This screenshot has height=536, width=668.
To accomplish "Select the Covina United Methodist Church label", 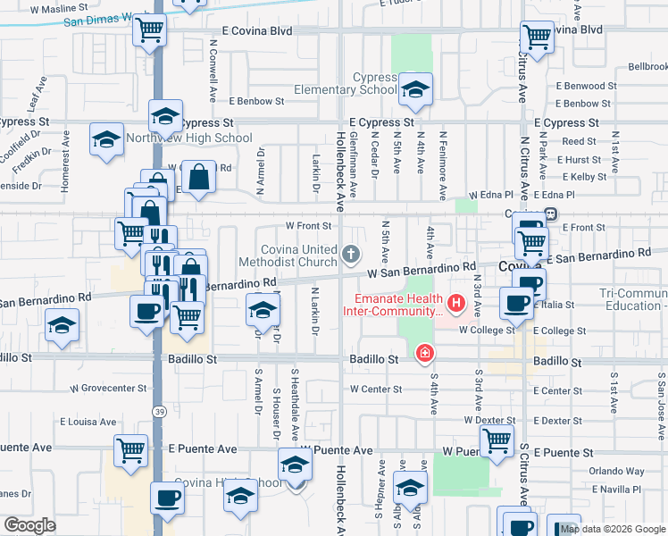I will coord(287,255).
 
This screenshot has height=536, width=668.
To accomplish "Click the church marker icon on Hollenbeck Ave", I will coord(352,255).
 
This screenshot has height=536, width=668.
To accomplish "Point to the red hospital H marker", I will coord(458,304).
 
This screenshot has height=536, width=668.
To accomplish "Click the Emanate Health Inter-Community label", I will coord(394,305).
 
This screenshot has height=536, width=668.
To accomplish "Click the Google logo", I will coord(29,525).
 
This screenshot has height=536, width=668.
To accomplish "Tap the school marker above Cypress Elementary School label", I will coord(415,88).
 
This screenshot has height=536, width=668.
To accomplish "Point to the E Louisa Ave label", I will coord(88,421).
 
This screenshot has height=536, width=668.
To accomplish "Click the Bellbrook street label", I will coord(647,67).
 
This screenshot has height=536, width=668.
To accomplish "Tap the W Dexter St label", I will coord(489,420).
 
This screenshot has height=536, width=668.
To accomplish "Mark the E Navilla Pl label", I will coord(617,490).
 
